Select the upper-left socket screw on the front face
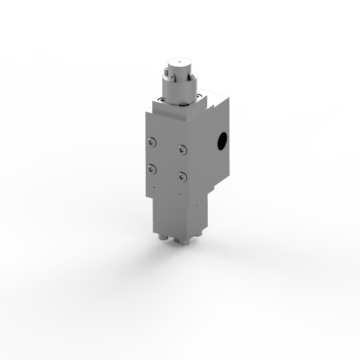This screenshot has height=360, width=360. (150, 142)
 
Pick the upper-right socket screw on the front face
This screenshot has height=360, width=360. (183, 150)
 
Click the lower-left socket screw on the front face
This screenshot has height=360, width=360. (150, 168)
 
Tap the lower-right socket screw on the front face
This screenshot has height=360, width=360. (183, 176)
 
